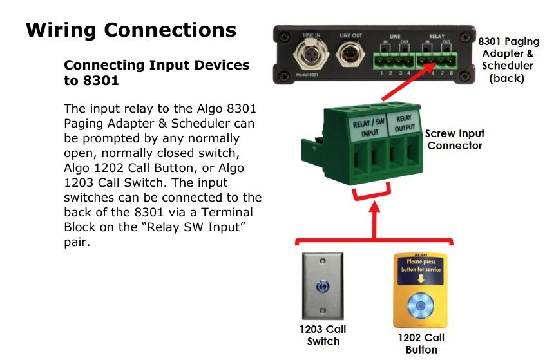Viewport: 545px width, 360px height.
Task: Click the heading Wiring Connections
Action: [x=131, y=30]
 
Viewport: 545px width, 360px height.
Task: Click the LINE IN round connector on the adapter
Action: [x=311, y=55]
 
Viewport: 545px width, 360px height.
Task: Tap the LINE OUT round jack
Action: [x=350, y=54]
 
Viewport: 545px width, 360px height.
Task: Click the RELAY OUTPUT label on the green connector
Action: [x=404, y=124]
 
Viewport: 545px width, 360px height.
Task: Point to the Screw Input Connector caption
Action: [x=455, y=139]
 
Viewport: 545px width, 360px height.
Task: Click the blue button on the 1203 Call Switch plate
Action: [x=323, y=287]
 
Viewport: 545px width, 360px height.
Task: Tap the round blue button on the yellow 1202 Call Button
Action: [x=420, y=306]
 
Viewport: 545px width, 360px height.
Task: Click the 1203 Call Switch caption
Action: [x=323, y=336]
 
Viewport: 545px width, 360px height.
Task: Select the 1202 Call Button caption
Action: [x=421, y=344]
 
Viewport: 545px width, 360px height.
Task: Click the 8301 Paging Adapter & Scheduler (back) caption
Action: [x=508, y=59]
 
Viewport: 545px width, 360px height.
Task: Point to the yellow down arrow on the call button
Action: [x=421, y=279]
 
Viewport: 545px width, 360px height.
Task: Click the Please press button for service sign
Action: [x=421, y=265]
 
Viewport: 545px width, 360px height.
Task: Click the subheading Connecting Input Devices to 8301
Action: [x=157, y=73]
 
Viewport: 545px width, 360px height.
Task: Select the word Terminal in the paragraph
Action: [x=227, y=213]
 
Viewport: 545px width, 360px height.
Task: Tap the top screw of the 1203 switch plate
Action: [x=323, y=261]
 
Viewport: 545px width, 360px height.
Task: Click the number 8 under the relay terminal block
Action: [x=451, y=73]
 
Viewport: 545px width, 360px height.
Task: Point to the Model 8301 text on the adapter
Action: [x=307, y=75]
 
